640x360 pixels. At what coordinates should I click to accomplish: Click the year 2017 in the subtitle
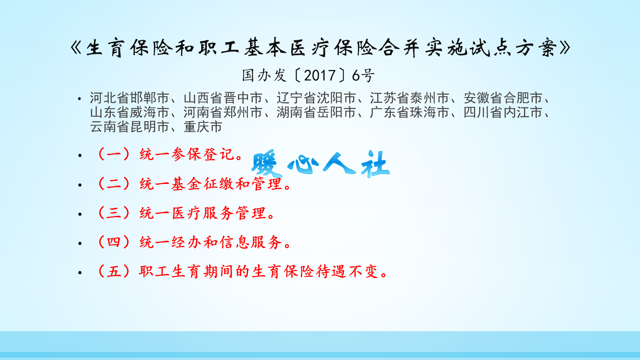(320, 75)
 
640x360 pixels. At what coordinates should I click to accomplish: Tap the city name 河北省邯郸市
(129, 98)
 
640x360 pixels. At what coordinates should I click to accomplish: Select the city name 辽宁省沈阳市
(316, 98)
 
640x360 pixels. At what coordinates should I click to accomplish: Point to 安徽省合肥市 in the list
(503, 98)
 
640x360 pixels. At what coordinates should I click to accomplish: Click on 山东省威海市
(129, 112)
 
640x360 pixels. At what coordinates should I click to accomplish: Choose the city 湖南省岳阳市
(316, 112)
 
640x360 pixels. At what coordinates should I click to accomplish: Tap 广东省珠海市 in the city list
(409, 112)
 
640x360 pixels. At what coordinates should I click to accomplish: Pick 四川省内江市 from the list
(503, 112)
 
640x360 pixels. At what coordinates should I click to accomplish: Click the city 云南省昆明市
(129, 127)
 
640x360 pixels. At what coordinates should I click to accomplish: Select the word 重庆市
(203, 127)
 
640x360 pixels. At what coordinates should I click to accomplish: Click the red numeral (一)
(114, 154)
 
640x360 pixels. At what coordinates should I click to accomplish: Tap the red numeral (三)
(114, 213)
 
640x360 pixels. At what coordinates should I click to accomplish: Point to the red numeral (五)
(114, 272)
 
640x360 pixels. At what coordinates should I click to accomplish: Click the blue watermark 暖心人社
(320, 164)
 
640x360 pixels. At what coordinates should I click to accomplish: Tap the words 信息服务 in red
(251, 242)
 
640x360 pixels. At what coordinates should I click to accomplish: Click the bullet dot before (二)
(80, 185)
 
